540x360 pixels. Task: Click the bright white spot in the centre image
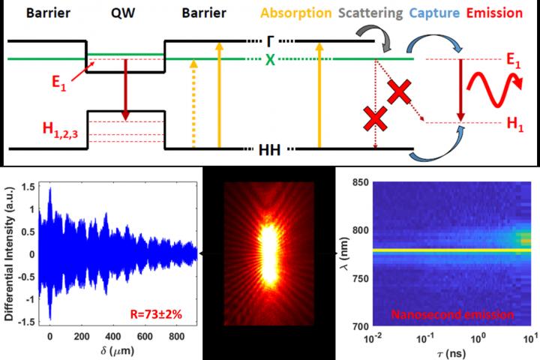[x=268, y=255]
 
